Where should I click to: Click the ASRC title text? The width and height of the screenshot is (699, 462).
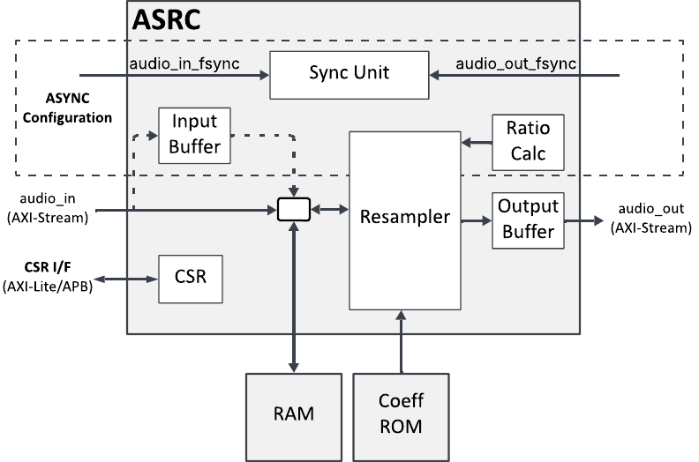[167, 19]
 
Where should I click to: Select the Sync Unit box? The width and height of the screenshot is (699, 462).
[349, 74]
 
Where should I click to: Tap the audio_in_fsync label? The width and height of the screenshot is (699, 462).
[184, 63]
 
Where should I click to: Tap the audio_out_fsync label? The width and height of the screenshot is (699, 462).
[516, 63]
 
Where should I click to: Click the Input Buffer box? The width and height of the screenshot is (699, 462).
[194, 134]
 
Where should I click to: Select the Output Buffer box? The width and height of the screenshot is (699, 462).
[527, 220]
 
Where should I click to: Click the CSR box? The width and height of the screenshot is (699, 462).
[190, 278]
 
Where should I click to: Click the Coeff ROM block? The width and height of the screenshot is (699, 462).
[401, 414]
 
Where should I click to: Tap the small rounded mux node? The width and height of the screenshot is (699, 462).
[293, 209]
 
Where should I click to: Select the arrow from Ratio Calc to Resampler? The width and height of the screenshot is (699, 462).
[476, 141]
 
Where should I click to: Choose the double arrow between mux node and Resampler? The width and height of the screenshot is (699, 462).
[329, 210]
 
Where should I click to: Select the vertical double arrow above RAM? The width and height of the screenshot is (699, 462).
[292, 295]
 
